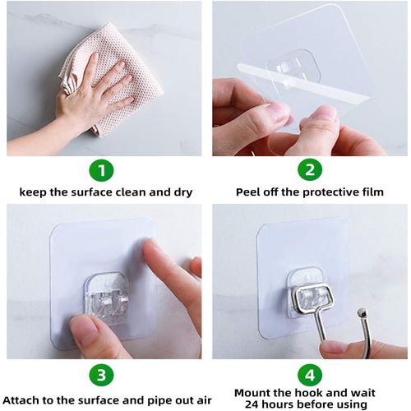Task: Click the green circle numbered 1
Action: click(102, 171)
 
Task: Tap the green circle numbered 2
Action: click(309, 171)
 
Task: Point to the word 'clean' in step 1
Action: click(137, 192)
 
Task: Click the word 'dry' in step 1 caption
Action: click(182, 192)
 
